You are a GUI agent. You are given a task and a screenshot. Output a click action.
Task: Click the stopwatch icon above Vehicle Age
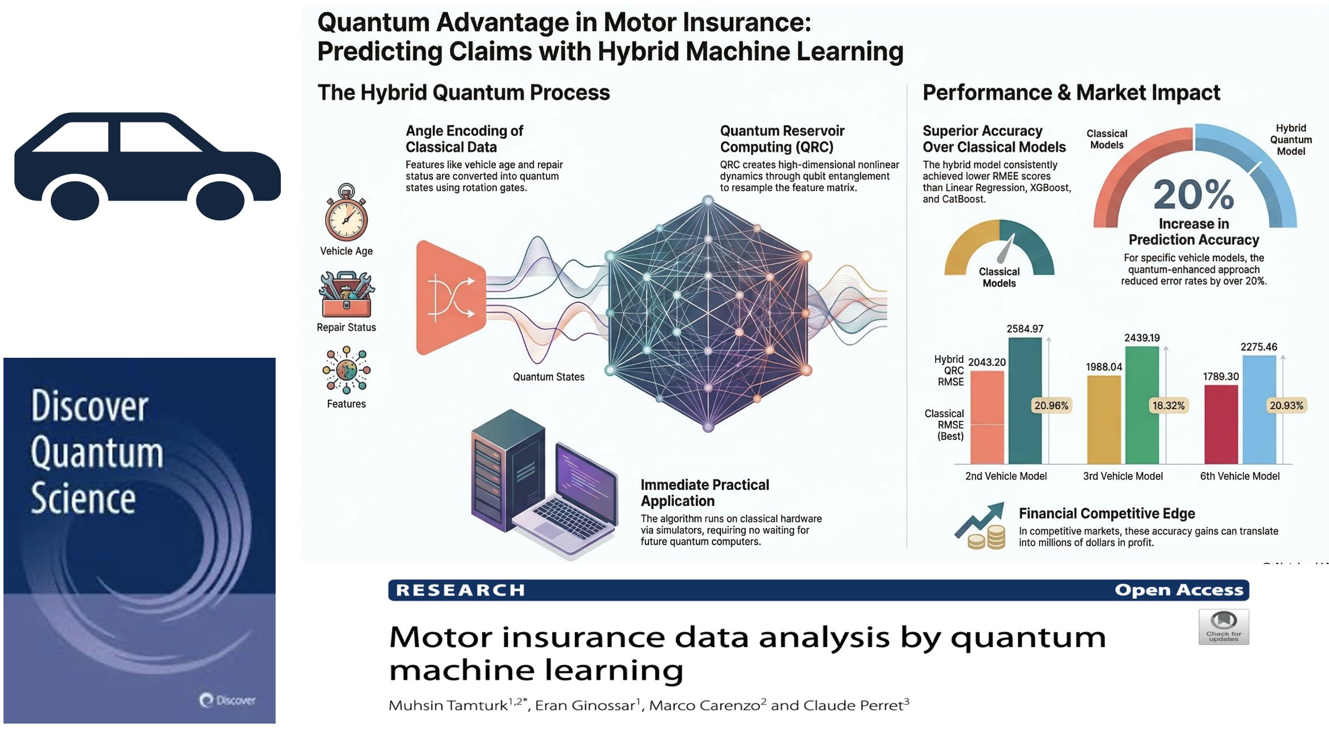pyautogui.click(x=346, y=213)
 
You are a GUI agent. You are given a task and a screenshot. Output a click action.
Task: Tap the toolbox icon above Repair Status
pyautogui.click(x=346, y=294)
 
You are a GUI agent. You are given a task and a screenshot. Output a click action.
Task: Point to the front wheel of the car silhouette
pyautogui.click(x=220, y=199)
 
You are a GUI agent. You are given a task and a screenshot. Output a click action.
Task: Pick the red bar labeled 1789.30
pyautogui.click(x=1220, y=424)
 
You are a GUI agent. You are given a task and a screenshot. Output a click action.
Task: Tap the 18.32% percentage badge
pyautogui.click(x=1168, y=406)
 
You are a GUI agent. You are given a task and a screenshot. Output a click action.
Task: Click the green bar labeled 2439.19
pyautogui.click(x=1142, y=405)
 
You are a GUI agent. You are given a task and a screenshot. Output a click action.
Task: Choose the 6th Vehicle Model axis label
pyautogui.click(x=1239, y=476)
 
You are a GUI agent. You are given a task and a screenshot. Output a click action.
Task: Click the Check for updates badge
pyautogui.click(x=1223, y=627)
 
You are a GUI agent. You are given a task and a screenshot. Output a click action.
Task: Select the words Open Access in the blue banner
pyautogui.click(x=1179, y=590)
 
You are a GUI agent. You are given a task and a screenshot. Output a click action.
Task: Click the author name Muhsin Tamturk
pyautogui.click(x=448, y=706)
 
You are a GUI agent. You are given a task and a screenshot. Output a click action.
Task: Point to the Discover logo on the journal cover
pyautogui.click(x=228, y=700)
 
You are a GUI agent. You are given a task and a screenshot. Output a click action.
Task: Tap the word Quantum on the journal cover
pyautogui.click(x=97, y=453)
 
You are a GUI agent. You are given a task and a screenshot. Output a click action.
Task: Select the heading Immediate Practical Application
pyautogui.click(x=704, y=492)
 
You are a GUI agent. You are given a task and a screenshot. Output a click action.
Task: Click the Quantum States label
pyautogui.click(x=548, y=377)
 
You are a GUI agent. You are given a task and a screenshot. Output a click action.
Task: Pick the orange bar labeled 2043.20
pyautogui.click(x=987, y=417)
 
